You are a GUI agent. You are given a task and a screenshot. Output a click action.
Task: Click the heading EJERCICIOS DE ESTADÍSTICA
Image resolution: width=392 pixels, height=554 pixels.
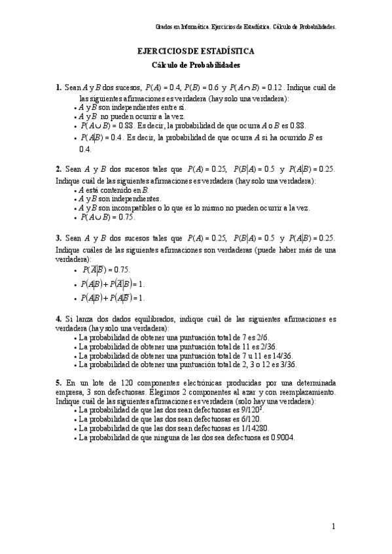[x=196, y=51]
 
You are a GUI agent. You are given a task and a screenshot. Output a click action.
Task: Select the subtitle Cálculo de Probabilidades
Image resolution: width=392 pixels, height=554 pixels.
[x=196, y=65]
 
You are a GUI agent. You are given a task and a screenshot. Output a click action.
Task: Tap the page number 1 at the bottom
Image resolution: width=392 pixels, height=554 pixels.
[x=333, y=526]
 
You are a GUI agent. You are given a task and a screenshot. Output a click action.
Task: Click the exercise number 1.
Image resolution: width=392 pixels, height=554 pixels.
[x=58, y=88]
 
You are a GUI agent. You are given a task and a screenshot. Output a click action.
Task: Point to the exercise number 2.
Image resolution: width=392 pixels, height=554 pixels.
[x=58, y=169]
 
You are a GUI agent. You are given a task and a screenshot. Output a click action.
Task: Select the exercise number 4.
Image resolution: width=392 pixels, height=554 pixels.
[x=58, y=319]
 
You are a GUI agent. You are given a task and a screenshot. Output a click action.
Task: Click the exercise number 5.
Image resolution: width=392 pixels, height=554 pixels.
[x=58, y=382]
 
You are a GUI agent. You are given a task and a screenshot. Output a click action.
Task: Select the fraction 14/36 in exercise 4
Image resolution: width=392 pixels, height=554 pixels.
[x=282, y=356]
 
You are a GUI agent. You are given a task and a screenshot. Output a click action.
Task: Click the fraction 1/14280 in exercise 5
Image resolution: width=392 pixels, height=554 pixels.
[x=242, y=429]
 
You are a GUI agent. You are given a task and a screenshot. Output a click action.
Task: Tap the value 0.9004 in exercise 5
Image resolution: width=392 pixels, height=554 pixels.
[x=282, y=438]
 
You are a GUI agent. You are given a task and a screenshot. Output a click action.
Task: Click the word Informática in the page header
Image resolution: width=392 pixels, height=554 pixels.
[x=192, y=28]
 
